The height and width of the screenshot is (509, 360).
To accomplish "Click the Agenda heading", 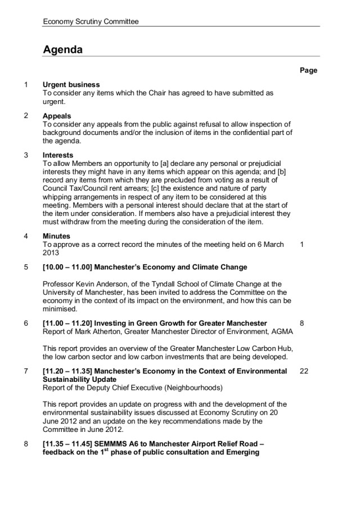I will click(62, 50).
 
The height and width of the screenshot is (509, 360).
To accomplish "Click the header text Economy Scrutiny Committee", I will click(91, 21).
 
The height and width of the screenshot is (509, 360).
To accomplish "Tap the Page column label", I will click(308, 70).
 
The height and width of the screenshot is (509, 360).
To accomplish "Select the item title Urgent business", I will click(71, 85).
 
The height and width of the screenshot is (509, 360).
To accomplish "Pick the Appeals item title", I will click(57, 116).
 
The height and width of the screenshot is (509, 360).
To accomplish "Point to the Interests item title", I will click(58, 155).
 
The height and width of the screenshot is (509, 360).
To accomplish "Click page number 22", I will click(304, 372).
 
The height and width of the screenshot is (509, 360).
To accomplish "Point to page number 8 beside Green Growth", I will click(302, 323).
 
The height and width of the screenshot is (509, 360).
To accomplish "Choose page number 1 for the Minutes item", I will click(302, 245).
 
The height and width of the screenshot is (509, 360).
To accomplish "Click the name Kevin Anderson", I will click(103, 284).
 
